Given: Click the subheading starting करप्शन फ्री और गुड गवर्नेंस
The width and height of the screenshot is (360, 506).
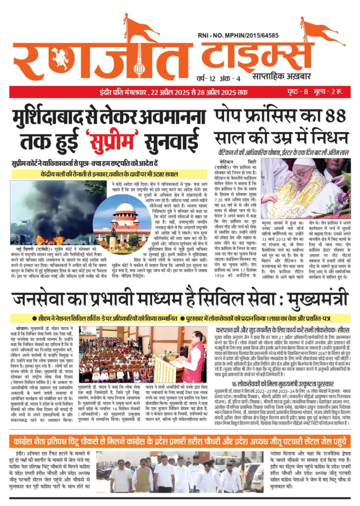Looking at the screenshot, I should tap(284, 328).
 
